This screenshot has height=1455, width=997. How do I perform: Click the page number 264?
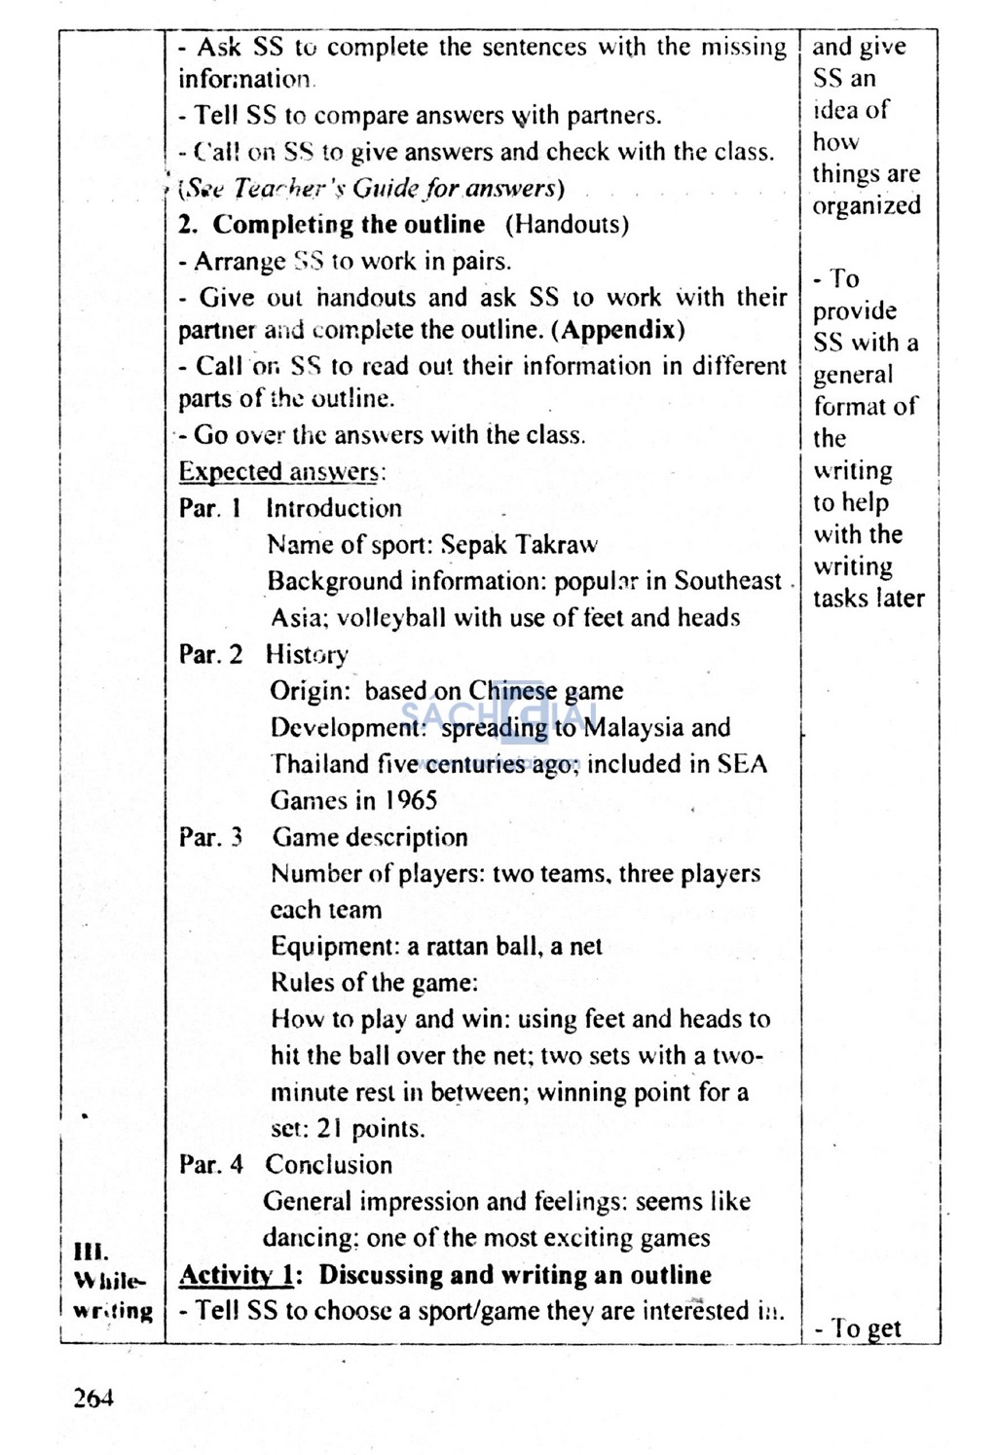tap(93, 1399)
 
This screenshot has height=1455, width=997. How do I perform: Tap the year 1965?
tap(409, 801)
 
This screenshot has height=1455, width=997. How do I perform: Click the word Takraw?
tap(556, 545)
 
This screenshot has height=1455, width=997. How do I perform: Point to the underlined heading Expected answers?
tap(280, 472)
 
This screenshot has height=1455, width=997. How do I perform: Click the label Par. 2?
tap(210, 654)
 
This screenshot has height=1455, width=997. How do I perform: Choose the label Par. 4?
tap(210, 1165)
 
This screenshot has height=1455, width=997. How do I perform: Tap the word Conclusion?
tap(329, 1165)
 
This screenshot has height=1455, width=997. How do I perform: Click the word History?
tap(307, 655)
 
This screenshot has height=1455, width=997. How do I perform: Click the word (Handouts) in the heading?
tap(567, 225)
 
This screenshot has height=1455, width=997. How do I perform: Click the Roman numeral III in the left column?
tap(91, 1252)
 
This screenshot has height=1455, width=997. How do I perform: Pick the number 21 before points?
tap(329, 1129)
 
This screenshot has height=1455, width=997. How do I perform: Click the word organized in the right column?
tap(867, 205)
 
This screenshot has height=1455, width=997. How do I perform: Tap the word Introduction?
tap(333, 508)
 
